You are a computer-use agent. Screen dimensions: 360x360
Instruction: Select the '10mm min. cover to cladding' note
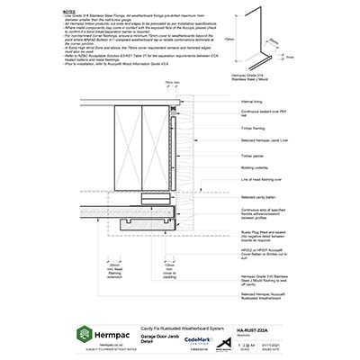click(170, 272)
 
